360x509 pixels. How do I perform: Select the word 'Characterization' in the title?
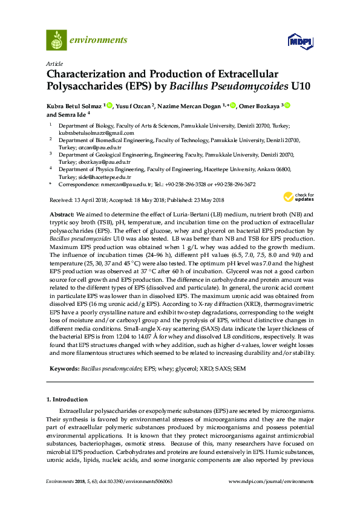[87, 73]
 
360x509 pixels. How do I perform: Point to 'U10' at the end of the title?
[300, 85]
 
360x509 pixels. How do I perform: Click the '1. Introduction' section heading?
[67, 399]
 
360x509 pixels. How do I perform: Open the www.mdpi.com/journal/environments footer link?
[272, 481]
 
